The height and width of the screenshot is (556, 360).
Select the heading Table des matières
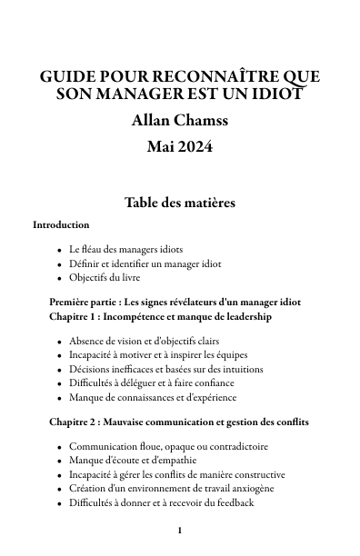click(180, 203)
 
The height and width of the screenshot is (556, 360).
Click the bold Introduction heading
click(61, 224)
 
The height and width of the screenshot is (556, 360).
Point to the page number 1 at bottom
click(180, 531)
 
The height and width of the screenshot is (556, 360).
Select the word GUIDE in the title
click(67, 76)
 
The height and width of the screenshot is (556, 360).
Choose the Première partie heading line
click(175, 302)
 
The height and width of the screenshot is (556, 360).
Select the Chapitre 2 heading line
click(179, 422)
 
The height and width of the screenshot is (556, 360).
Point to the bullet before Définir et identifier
click(59, 264)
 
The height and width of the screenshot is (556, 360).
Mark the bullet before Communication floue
click(59, 447)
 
